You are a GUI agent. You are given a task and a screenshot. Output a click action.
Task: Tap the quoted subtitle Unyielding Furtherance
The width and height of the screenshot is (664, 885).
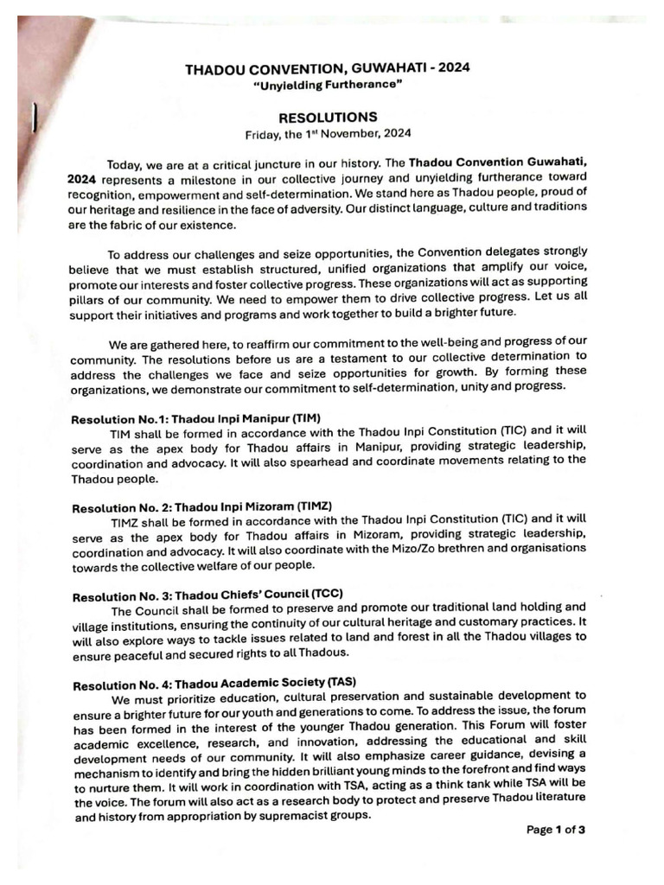pos(327,86)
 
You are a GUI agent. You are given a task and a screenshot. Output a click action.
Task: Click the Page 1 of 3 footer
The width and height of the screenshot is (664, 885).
pos(556,831)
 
